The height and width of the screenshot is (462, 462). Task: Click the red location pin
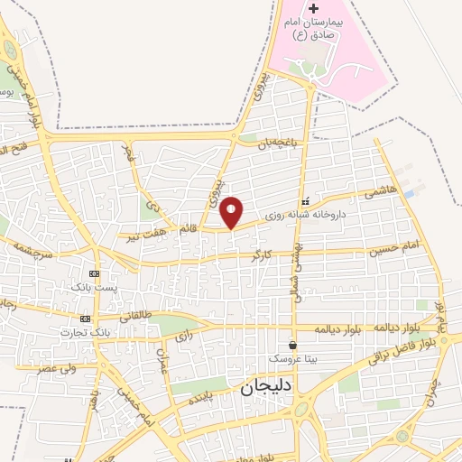tap(232, 211)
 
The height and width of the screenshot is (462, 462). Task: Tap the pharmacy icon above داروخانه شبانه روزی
tap(305, 201)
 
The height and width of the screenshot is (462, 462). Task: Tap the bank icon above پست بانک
tap(94, 273)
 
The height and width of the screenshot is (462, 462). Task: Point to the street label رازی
tap(184, 337)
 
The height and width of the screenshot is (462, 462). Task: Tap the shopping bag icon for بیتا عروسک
tap(292, 345)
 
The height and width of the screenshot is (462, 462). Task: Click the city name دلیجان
tap(269, 388)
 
